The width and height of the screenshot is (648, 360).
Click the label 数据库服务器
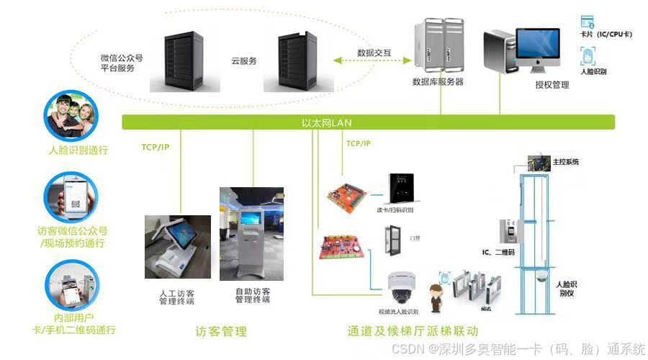coord(437,82)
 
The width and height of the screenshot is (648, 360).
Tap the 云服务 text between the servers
coord(243,61)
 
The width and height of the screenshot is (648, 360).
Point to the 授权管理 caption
coord(552,85)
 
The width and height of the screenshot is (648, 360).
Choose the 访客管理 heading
coord(221,332)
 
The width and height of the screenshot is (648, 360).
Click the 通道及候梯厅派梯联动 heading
coord(413,332)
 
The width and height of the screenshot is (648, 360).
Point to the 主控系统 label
coord(565,162)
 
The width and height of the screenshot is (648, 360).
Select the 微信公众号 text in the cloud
coord(121,57)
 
